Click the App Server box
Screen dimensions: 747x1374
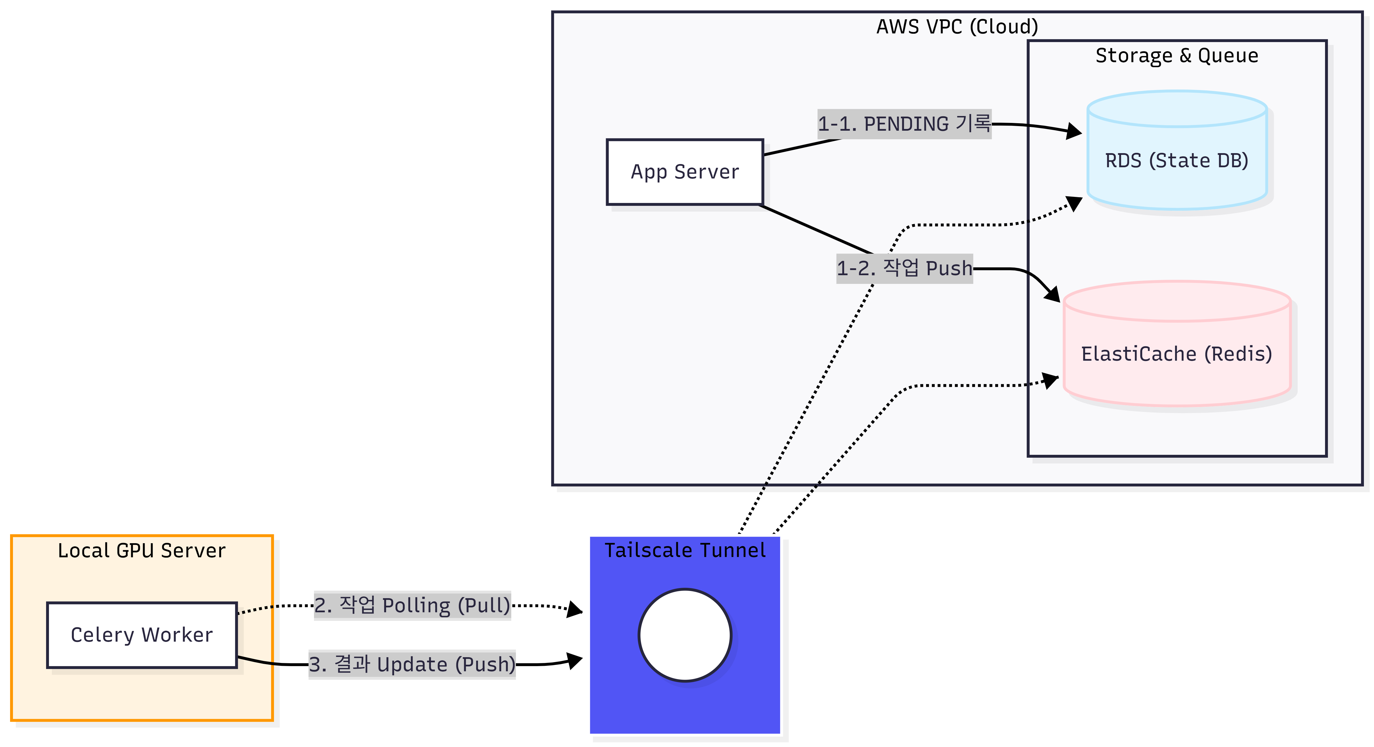[x=685, y=172]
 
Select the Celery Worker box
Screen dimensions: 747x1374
[x=142, y=634]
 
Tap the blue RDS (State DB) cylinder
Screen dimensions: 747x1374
[x=1177, y=160]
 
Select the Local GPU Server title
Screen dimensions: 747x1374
[x=142, y=550]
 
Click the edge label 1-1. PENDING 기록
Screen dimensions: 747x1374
[x=904, y=124]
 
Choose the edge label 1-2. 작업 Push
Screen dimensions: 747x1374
[x=904, y=268]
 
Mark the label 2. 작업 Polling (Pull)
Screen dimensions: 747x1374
[x=412, y=605]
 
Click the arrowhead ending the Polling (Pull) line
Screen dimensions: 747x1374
[x=574, y=609]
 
